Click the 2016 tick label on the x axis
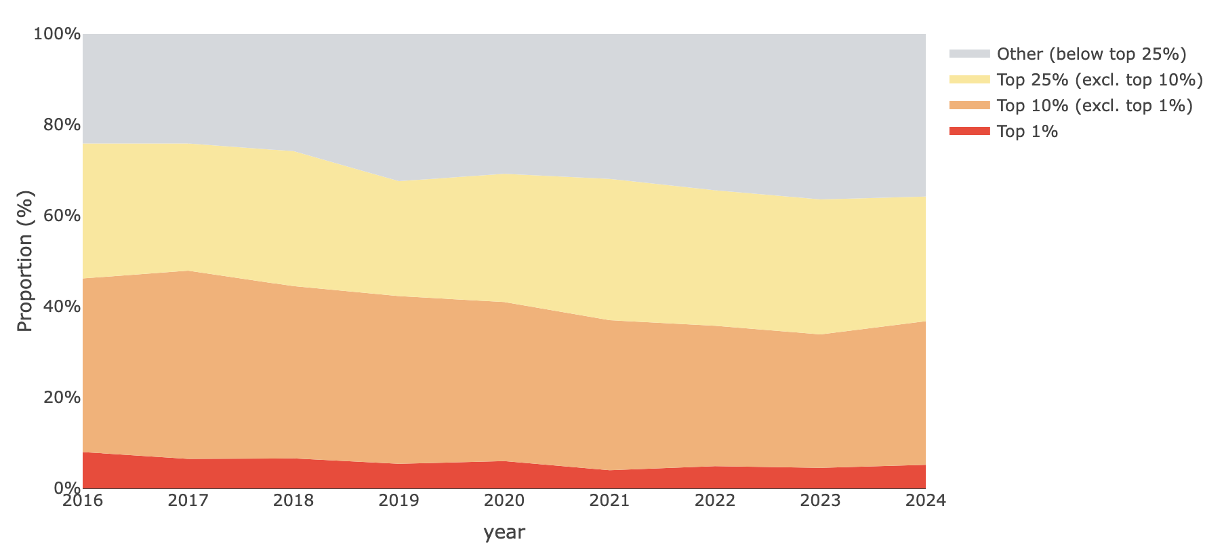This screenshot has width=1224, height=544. [82, 501]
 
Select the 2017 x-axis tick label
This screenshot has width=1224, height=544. [188, 501]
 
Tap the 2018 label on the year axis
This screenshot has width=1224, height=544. [293, 501]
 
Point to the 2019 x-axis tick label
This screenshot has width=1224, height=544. [399, 501]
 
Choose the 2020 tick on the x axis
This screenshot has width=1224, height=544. [504, 501]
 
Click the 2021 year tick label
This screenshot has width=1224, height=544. [609, 501]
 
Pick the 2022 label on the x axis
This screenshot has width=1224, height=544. [715, 501]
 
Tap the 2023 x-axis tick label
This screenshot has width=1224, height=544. [820, 501]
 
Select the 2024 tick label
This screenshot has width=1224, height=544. [926, 501]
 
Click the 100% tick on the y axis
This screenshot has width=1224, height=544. [57, 34]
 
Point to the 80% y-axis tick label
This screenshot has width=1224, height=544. [62, 125]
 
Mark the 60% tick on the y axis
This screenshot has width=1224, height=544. [62, 216]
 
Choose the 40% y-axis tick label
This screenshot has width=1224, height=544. [62, 307]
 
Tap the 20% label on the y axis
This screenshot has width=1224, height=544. [62, 397]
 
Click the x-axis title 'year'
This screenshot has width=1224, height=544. [504, 532]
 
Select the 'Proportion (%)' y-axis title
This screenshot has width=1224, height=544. [25, 261]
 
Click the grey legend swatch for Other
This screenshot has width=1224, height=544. [970, 54]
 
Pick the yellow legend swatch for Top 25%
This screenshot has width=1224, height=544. [970, 79]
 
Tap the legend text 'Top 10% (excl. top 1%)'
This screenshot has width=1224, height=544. [1095, 106]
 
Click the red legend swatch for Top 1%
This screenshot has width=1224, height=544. [970, 131]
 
